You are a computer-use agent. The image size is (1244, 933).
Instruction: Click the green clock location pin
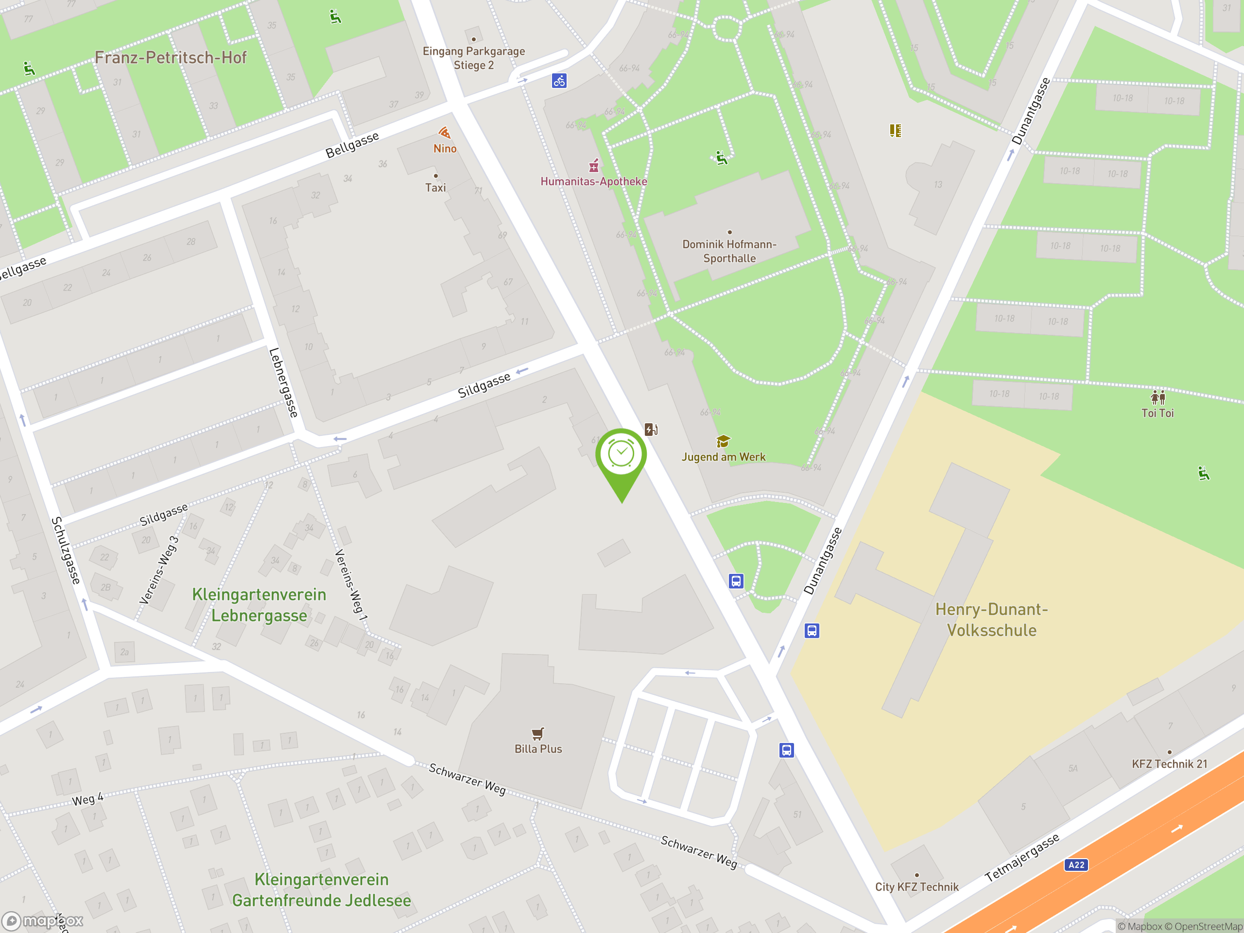click(x=621, y=455)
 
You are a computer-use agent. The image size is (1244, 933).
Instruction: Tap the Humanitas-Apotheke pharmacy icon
click(x=594, y=166)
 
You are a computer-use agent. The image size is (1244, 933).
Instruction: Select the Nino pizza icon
click(x=444, y=133)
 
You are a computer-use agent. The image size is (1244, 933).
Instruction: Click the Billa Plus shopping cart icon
click(x=537, y=733)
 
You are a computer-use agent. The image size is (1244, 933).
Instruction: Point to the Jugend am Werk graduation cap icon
click(x=723, y=441)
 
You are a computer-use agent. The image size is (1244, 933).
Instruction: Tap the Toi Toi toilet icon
click(x=1158, y=397)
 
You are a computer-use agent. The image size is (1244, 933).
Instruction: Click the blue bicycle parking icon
click(x=559, y=81)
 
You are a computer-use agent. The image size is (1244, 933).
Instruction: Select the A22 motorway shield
click(x=1076, y=865)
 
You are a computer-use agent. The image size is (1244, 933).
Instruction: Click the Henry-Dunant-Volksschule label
click(x=991, y=620)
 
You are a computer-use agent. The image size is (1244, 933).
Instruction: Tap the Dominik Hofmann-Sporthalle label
click(x=729, y=251)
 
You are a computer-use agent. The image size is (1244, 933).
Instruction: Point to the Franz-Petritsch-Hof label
click(x=171, y=57)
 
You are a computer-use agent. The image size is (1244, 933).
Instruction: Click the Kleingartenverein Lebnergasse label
click(x=259, y=605)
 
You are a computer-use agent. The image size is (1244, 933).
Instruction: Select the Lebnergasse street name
click(x=283, y=382)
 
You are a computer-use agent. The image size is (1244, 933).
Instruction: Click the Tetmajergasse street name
click(x=1022, y=858)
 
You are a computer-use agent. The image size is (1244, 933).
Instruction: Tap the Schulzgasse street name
click(x=66, y=551)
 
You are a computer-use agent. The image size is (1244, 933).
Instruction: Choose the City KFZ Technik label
click(x=916, y=887)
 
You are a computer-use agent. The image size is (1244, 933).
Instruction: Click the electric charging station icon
click(x=651, y=430)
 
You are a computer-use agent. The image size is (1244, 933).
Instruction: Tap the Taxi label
click(x=435, y=188)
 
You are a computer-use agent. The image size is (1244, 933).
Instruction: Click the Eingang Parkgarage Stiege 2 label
click(x=473, y=58)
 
